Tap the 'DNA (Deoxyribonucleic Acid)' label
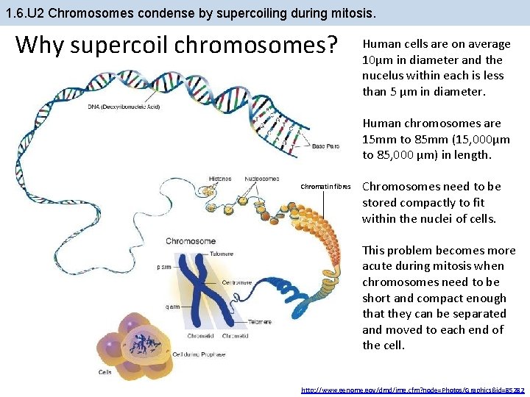[x=124, y=107]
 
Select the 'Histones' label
[x=219, y=179]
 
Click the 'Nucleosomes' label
[x=261, y=179]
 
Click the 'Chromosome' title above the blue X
[x=191, y=240]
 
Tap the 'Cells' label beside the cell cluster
[x=105, y=372]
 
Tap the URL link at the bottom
[x=413, y=389]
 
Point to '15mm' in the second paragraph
[x=377, y=140]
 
